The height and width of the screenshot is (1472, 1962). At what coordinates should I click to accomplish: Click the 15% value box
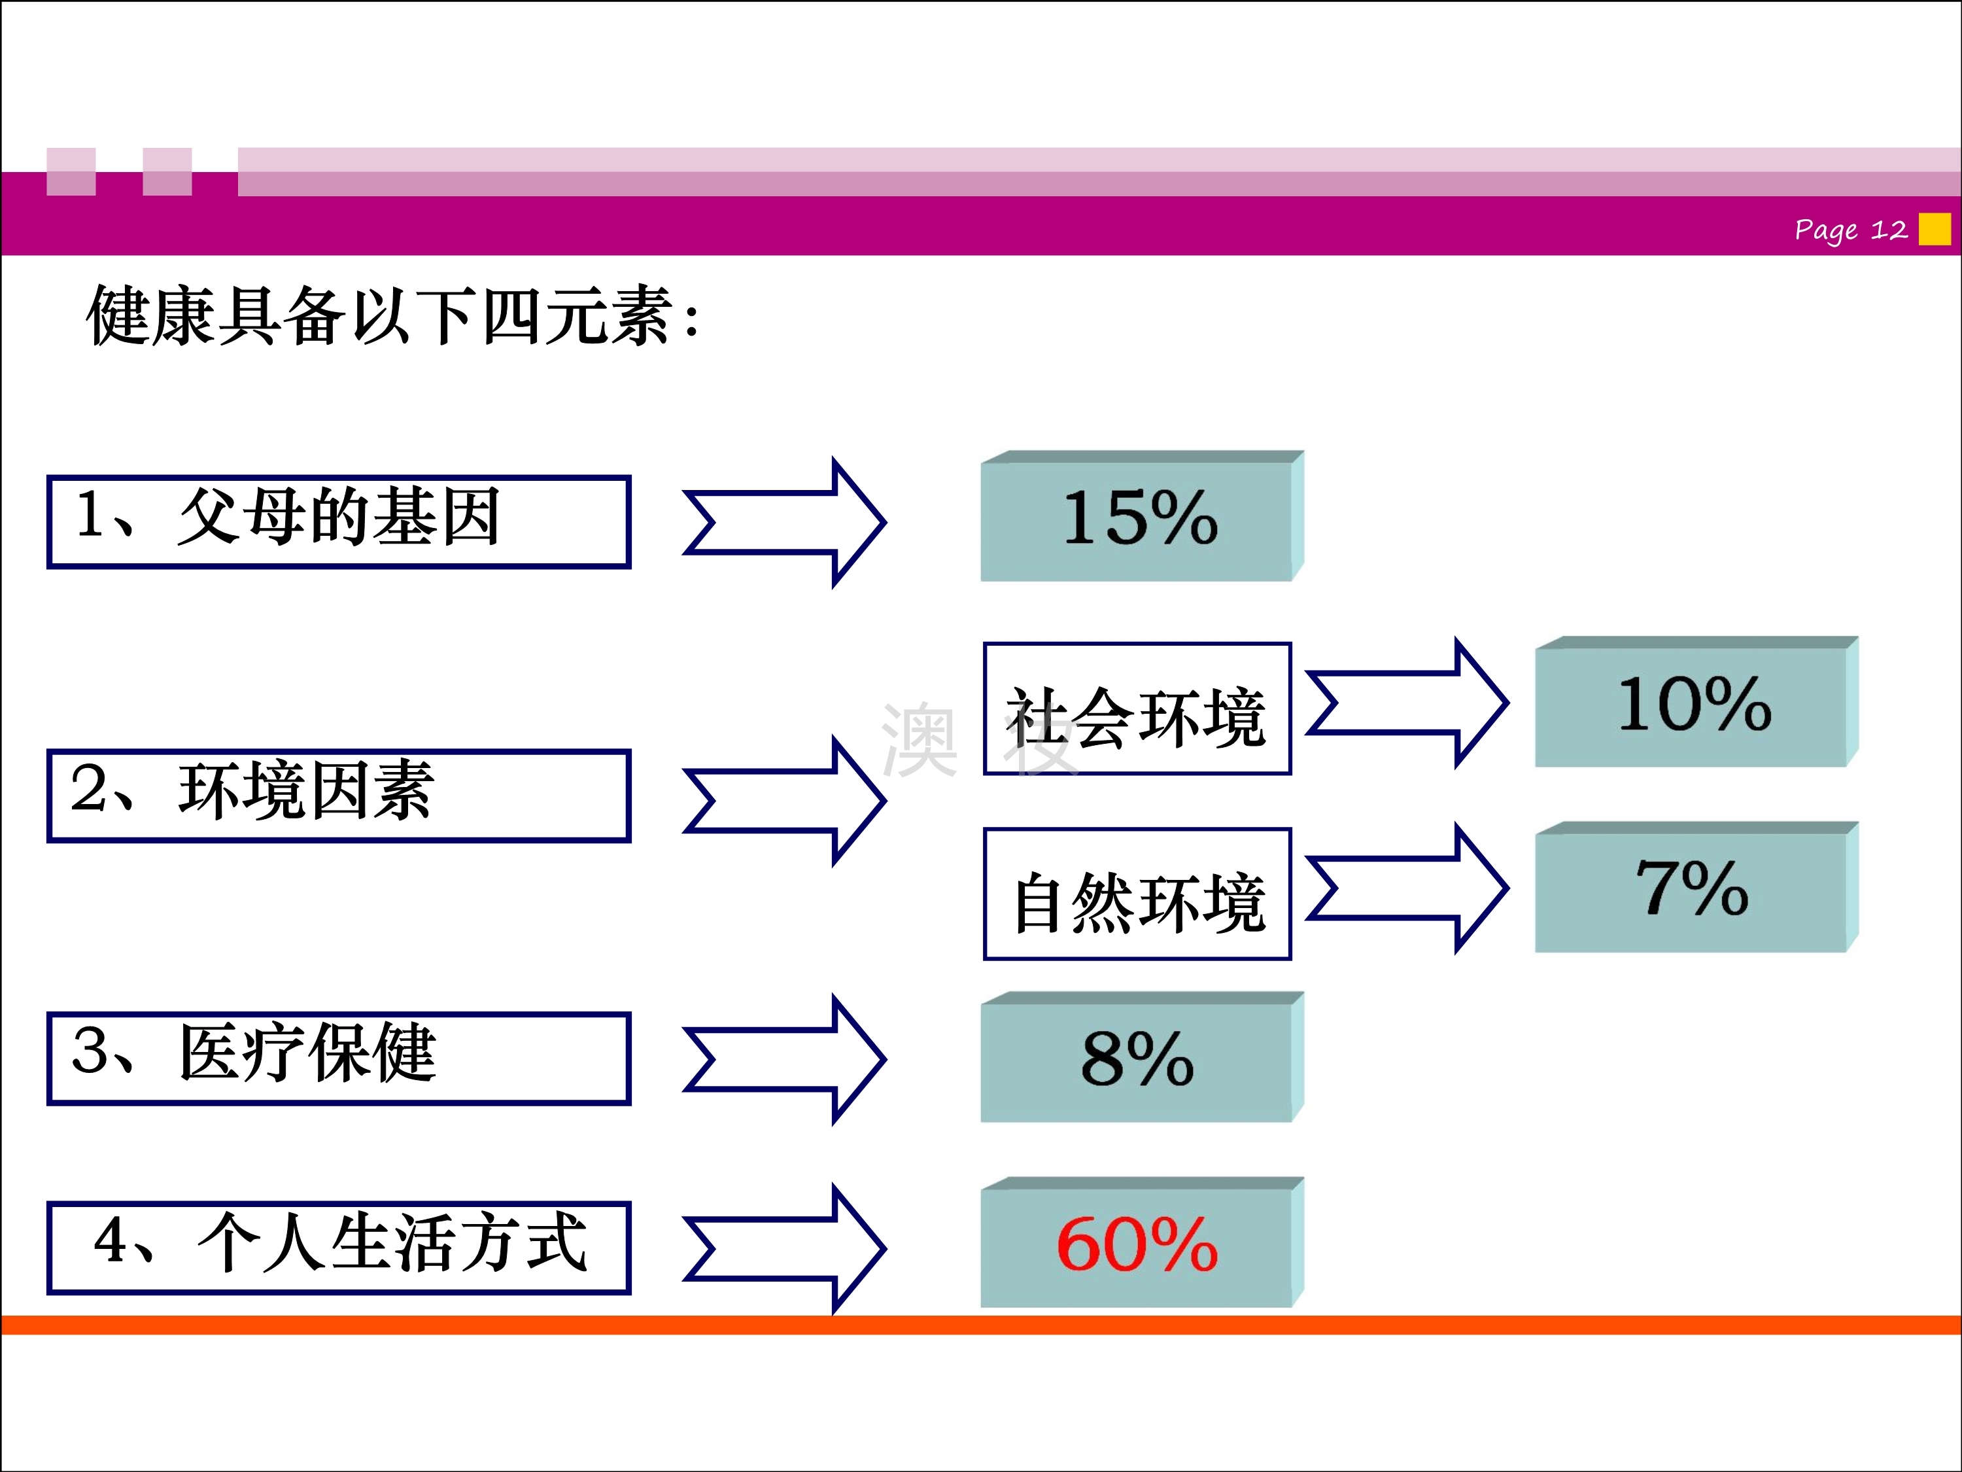click(1141, 516)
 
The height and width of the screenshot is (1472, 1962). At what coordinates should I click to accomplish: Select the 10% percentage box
click(1696, 702)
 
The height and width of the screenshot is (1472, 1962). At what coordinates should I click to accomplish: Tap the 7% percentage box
click(1696, 887)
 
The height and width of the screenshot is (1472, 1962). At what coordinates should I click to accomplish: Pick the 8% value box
click(1141, 1057)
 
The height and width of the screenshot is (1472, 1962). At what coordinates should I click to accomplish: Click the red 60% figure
click(1137, 1244)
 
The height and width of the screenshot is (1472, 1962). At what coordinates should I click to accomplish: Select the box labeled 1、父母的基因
click(339, 521)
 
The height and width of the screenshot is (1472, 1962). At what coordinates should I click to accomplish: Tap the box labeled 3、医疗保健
click(339, 1059)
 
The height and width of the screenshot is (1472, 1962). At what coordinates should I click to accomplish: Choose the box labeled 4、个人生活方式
click(339, 1248)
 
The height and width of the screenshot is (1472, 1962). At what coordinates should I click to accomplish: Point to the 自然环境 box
click(1137, 894)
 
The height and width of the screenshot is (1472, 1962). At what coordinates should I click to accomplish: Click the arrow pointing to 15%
click(785, 523)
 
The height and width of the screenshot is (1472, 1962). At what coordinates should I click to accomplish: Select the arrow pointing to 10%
click(1407, 703)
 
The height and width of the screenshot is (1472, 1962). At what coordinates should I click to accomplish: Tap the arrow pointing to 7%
click(1407, 888)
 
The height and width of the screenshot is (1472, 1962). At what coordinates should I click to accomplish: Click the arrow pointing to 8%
click(785, 1059)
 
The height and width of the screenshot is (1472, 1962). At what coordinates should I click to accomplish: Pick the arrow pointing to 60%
click(785, 1248)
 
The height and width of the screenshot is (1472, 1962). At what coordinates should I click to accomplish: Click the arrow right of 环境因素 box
click(785, 800)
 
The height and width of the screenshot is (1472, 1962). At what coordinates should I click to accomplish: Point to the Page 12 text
click(1850, 230)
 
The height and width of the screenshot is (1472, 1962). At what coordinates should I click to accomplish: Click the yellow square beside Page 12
click(1935, 229)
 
